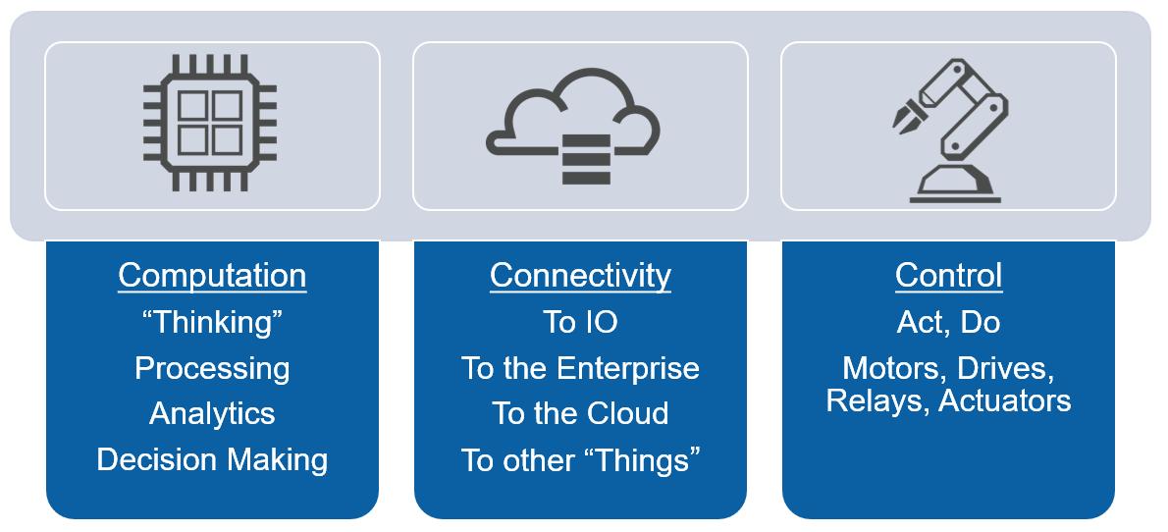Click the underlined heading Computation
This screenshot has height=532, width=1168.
(212, 275)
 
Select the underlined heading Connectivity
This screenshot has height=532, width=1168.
(580, 275)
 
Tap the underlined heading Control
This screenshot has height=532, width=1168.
(948, 275)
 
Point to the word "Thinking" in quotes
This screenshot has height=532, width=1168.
(212, 322)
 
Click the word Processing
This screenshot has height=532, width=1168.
(212, 368)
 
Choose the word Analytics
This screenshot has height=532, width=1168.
(212, 413)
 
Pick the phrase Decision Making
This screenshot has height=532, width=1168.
(212, 458)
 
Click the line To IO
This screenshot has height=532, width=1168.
(580, 322)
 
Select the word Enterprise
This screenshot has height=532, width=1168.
(628, 368)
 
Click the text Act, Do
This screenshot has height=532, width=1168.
(948, 322)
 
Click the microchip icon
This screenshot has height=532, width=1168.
(210, 127)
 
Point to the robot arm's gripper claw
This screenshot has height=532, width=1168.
(904, 114)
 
